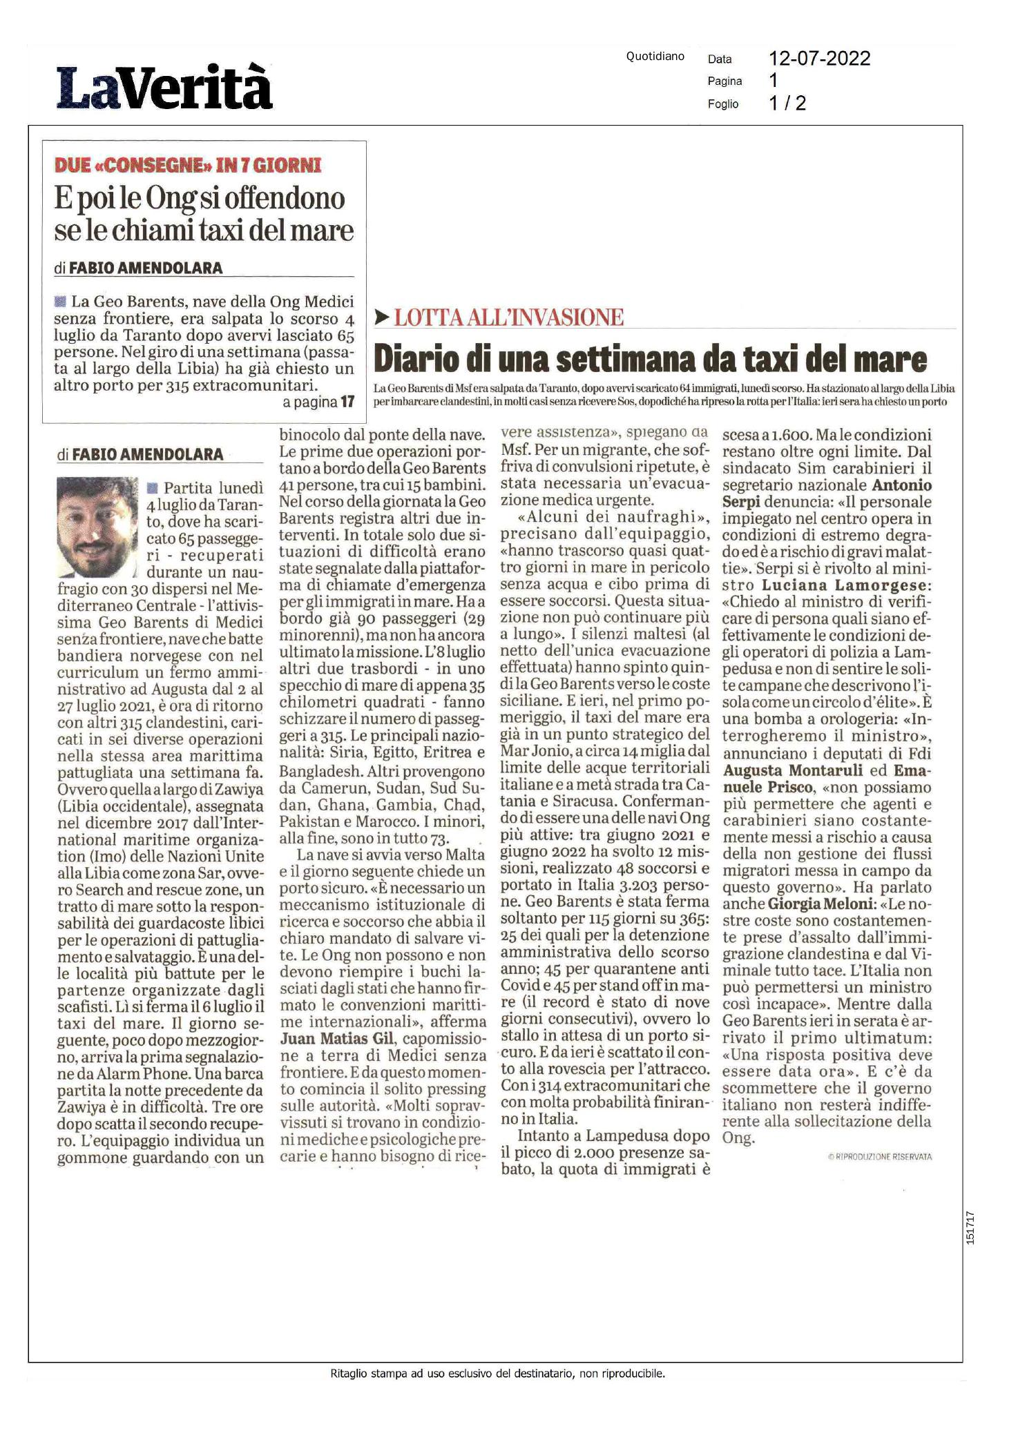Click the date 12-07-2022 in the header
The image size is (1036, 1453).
click(x=819, y=59)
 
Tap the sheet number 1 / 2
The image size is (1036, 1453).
click(x=787, y=104)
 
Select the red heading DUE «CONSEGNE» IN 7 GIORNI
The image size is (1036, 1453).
click(x=188, y=165)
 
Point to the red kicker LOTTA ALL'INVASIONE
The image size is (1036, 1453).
click(x=508, y=318)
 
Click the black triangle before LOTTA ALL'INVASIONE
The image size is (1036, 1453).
click(x=381, y=318)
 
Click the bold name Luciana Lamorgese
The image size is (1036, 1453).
click(x=846, y=585)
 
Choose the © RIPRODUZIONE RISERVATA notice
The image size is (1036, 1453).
click(x=879, y=1157)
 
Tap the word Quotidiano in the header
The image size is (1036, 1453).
click(x=655, y=57)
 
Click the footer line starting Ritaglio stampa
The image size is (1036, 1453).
click(x=497, y=1374)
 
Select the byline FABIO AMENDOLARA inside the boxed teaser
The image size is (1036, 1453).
click(x=146, y=268)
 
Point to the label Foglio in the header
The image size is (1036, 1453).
click(x=722, y=104)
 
